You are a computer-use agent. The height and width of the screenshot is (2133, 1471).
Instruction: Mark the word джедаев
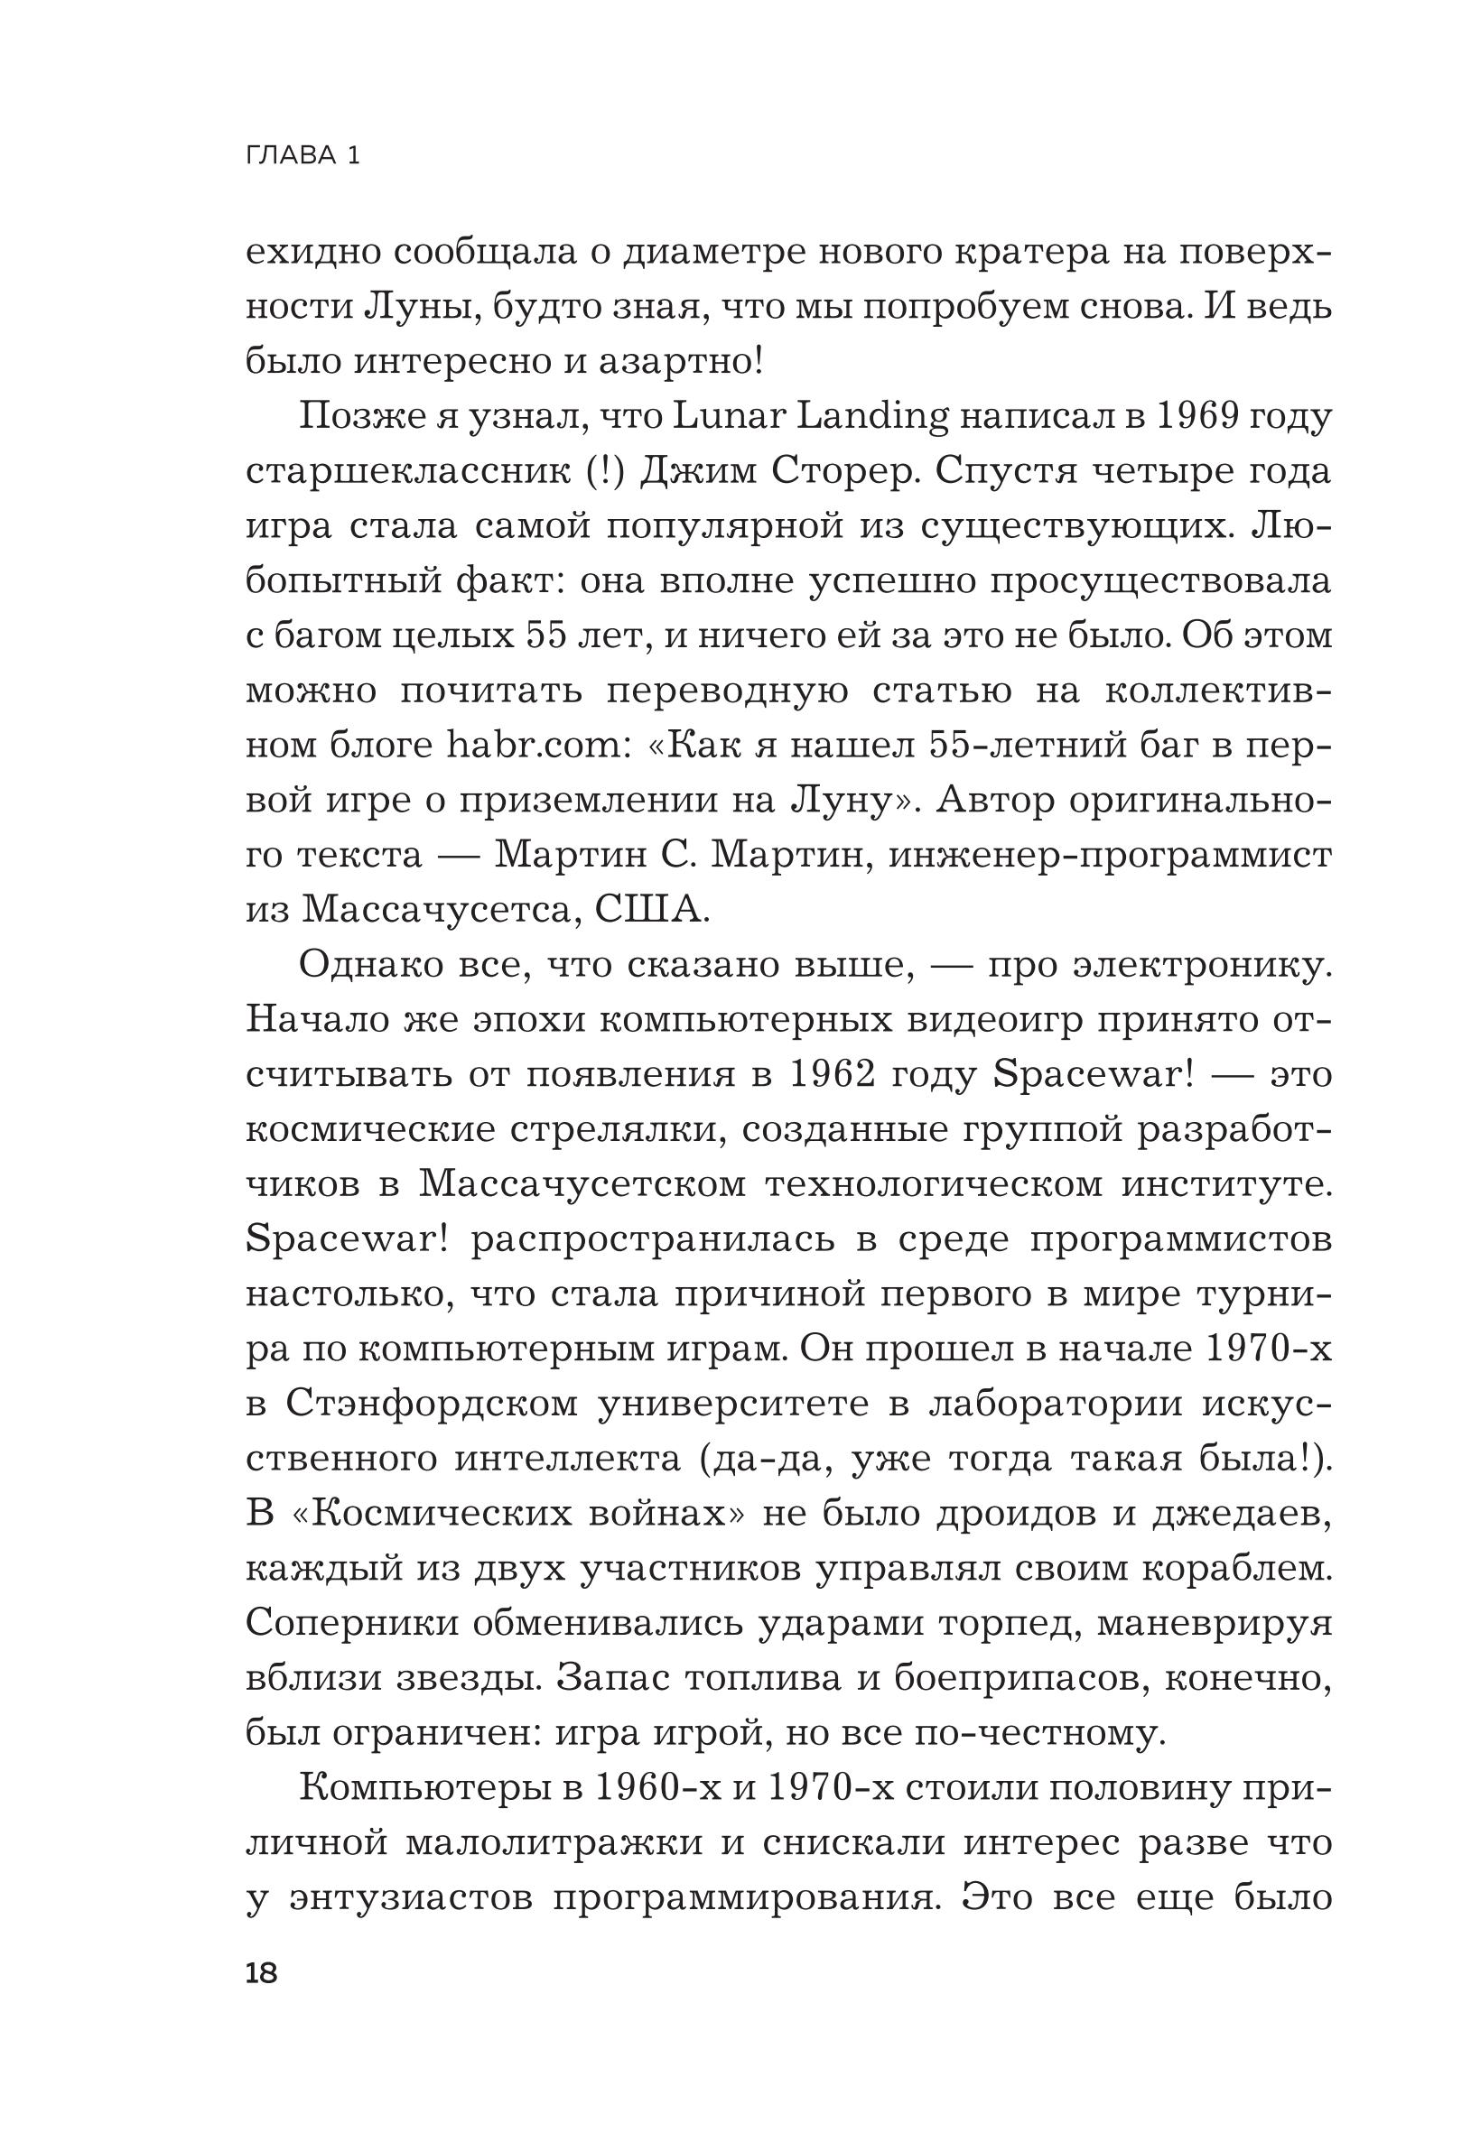point(1241,1514)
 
